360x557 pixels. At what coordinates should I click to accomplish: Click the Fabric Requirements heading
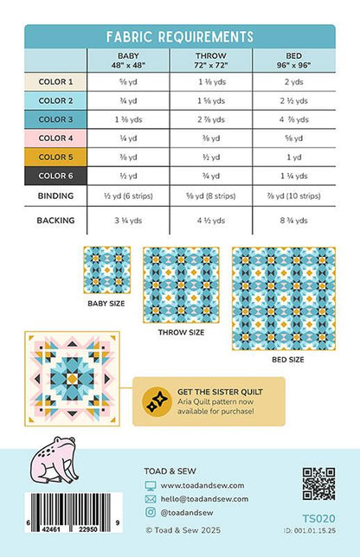click(180, 36)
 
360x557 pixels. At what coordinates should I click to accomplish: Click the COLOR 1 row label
click(55, 81)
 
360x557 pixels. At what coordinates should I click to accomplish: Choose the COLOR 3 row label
click(55, 119)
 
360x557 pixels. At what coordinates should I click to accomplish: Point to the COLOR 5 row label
click(55, 157)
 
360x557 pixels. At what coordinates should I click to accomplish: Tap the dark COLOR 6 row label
click(55, 176)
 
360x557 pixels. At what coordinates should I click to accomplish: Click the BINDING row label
click(55, 196)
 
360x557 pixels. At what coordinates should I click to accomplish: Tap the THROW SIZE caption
click(181, 331)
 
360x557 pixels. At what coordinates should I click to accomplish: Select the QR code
click(318, 483)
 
